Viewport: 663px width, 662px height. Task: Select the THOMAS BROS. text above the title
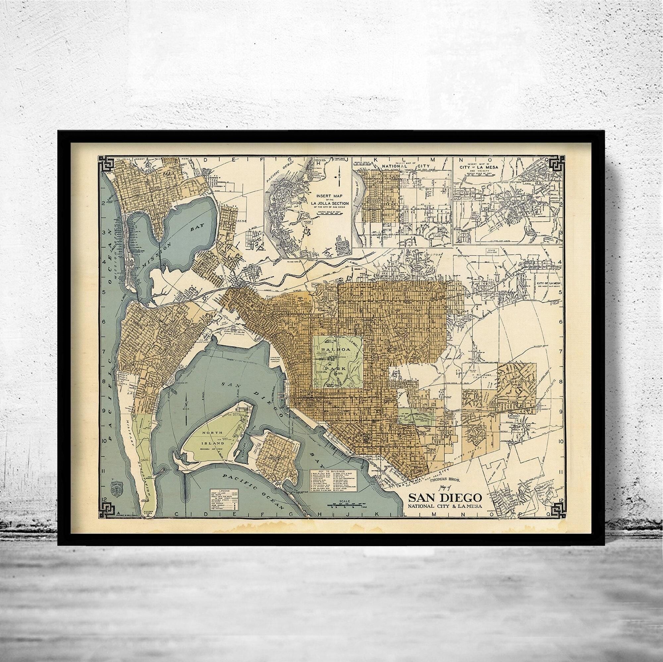442,480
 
